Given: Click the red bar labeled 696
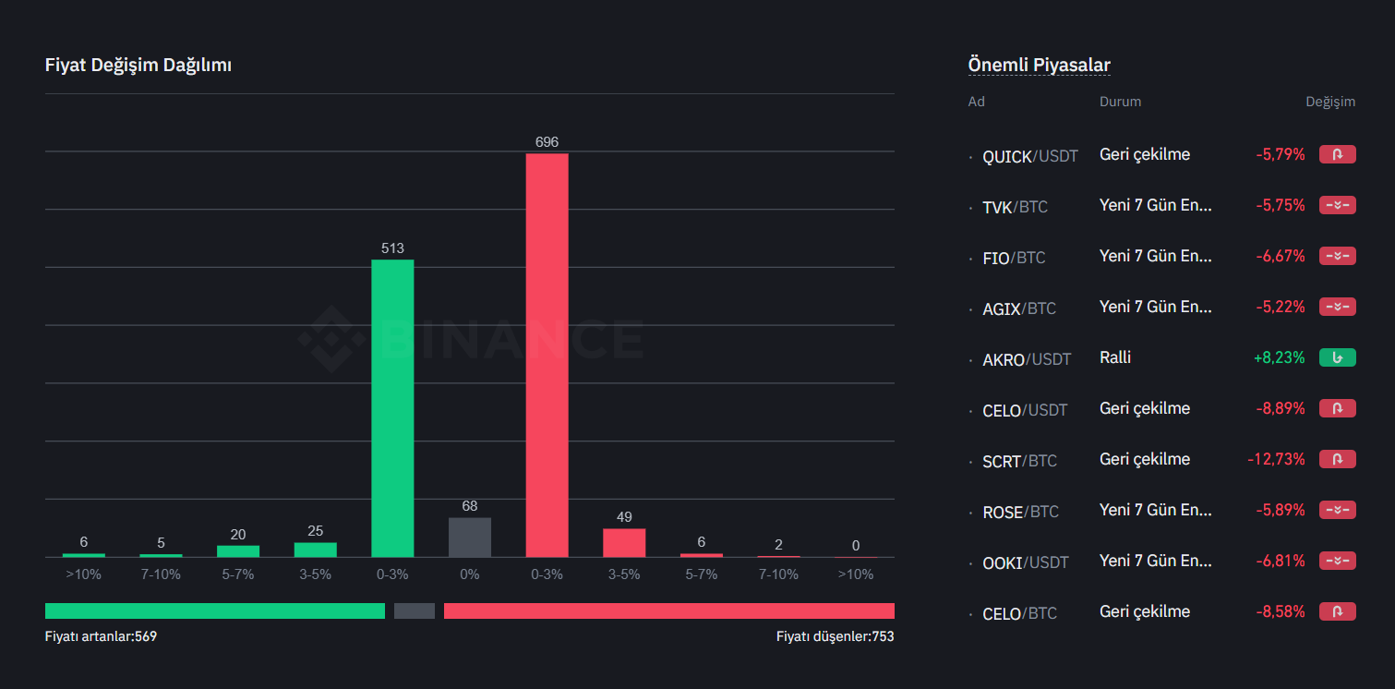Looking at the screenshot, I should [547, 355].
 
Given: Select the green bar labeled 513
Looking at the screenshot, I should [392, 407].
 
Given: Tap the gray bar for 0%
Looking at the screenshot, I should [469, 537].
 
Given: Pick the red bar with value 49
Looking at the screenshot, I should [624, 542].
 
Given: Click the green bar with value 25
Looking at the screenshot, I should [315, 550].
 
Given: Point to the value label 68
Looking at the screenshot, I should [469, 506].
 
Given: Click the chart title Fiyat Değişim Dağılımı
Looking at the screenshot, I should [138, 66].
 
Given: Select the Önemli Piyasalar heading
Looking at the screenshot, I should [1039, 66].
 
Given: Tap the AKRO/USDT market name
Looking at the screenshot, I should [1027, 359].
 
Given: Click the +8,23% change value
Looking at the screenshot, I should [1279, 357].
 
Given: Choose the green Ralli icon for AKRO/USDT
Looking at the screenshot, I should [1337, 357].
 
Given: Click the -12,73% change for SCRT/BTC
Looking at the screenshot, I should [1276, 459].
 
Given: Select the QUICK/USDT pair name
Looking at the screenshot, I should [1030, 156].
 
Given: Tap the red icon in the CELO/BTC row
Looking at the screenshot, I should [1337, 611].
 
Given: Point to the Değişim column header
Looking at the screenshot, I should [1329, 102].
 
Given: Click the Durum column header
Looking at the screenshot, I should [1120, 102].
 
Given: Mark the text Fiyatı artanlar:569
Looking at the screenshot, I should [101, 636].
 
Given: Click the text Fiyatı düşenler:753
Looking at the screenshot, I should [835, 636].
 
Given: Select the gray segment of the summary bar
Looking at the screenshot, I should [414, 610].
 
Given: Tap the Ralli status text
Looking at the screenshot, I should [1115, 357].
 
